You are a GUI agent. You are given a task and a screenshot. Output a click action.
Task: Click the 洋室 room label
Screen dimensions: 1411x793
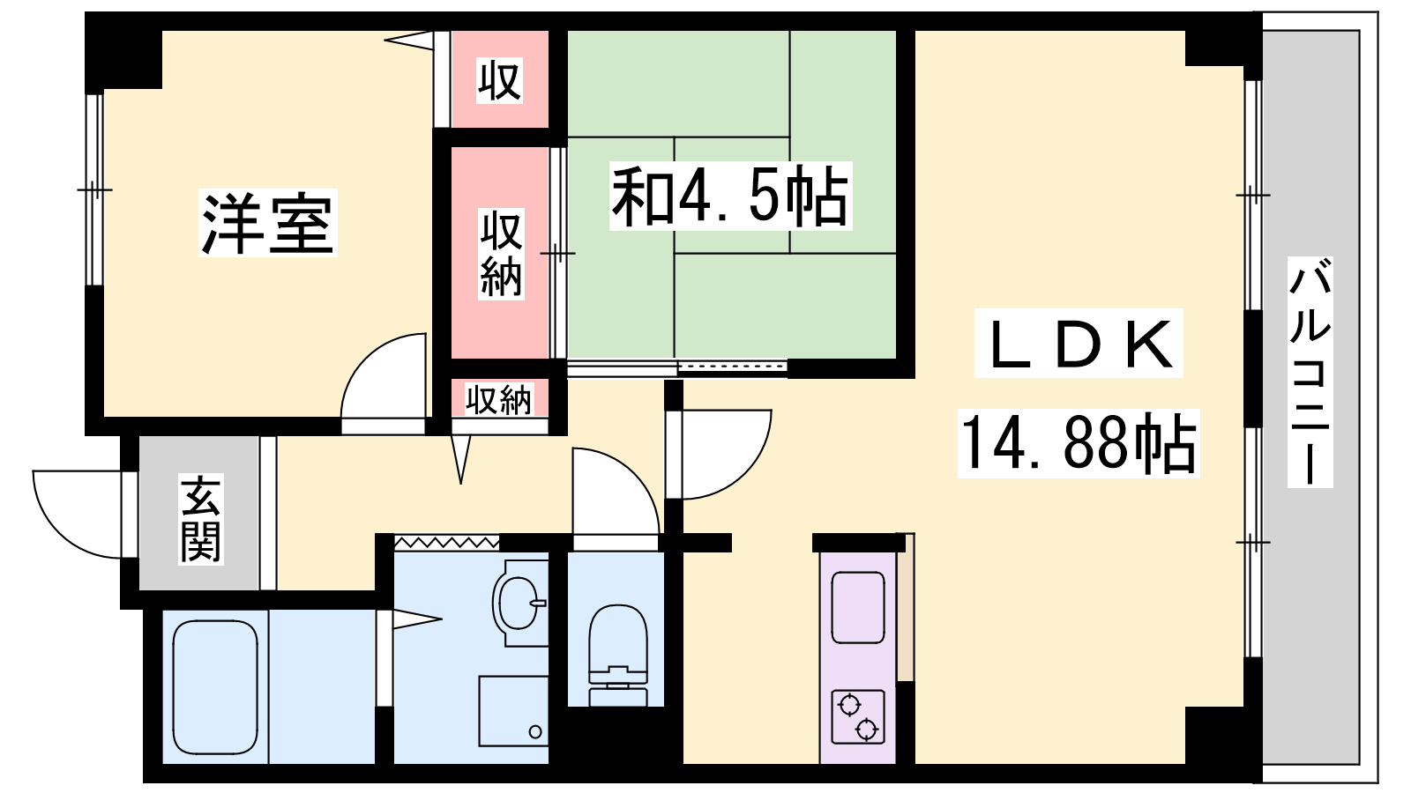coord(268,224)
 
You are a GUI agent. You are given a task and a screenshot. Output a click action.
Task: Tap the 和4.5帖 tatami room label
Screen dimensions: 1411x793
coord(731,196)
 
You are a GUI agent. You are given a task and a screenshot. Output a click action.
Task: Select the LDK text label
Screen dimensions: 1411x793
coord(1079,344)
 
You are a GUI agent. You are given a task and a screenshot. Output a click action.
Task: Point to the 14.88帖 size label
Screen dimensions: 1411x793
coord(1079,443)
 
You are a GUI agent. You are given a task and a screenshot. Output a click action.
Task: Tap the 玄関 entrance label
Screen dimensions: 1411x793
coord(200,519)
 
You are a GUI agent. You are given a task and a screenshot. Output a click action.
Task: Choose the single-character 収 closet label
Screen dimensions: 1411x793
coord(499,80)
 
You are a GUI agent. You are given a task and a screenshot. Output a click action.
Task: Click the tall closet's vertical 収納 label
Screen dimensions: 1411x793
coord(501,255)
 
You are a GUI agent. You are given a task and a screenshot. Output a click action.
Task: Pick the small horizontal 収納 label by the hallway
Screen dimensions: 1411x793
coord(499,400)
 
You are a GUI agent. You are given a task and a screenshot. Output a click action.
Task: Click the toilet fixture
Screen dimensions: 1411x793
coord(618,656)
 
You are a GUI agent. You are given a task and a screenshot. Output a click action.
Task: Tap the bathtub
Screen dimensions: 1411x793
coord(215,686)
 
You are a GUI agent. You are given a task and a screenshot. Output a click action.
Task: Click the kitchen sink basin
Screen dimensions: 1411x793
coord(858,607)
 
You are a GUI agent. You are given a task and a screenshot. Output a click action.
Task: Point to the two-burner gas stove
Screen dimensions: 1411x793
coord(858,717)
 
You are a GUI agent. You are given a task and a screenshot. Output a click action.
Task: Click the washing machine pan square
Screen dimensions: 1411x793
coord(513,711)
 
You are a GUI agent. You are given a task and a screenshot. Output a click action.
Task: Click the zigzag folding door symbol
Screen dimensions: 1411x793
coord(446,542)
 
